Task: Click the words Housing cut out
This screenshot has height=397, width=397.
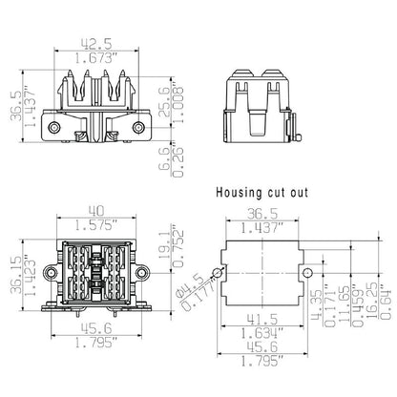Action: tap(263, 193)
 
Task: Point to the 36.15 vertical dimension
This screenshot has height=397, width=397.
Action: tap(13, 274)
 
